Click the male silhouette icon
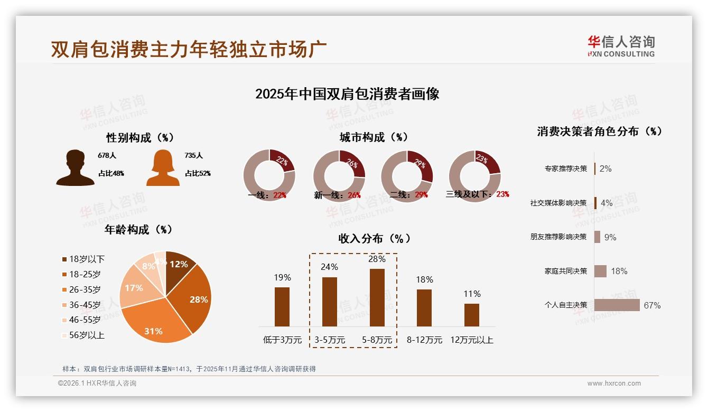tap(75, 168)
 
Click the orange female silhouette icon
tap(163, 168)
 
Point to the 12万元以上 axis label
tap(471, 340)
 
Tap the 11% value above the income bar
tap(472, 294)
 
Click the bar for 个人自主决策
tap(617, 305)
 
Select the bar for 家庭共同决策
tap(600, 271)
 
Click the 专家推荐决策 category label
tap(565, 168)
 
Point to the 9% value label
tap(610, 237)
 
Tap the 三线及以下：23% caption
tap(477, 194)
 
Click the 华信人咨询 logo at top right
tap(621, 46)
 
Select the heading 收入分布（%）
tap(374, 238)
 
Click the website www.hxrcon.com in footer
tap(613, 383)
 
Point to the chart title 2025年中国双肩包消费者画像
tap(347, 94)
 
